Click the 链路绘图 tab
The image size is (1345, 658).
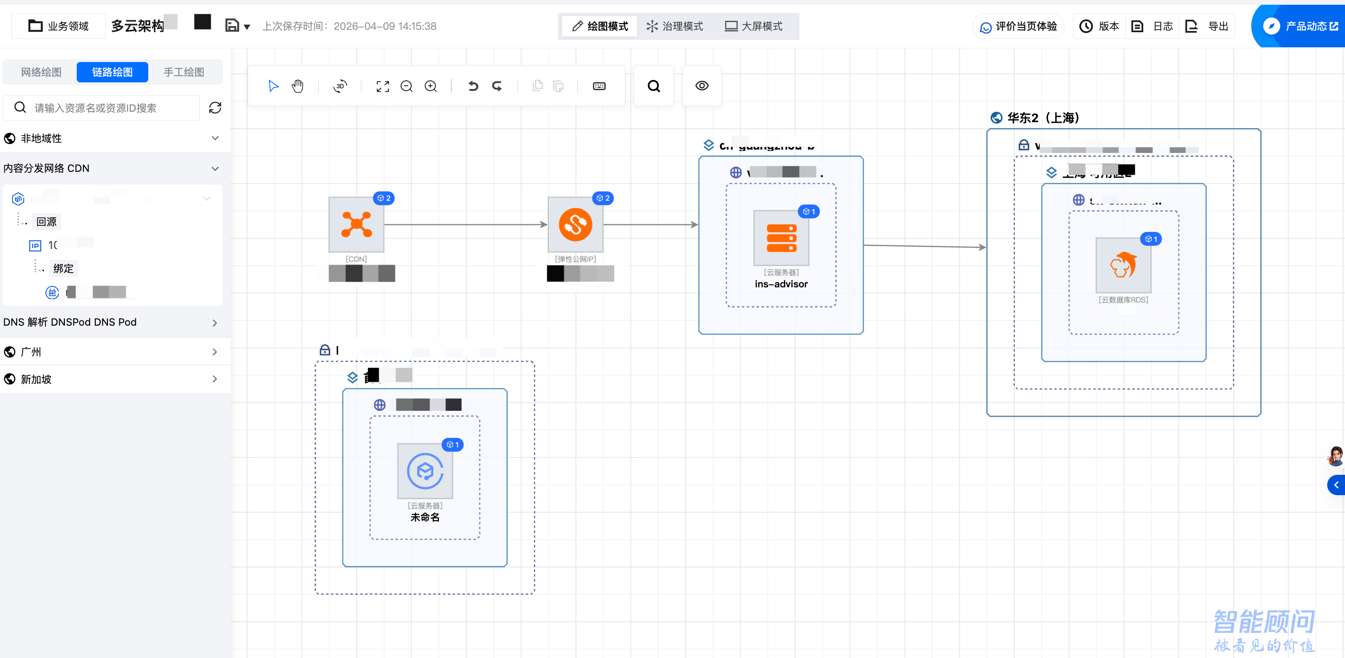tap(112, 72)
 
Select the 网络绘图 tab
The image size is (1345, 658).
tap(41, 72)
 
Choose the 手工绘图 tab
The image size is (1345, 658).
tap(184, 72)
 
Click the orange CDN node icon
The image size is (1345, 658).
tap(356, 225)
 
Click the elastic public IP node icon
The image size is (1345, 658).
tap(575, 225)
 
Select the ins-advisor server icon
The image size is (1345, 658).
tap(781, 239)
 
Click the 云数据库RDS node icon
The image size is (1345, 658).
tap(1123, 266)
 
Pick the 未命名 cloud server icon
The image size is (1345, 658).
tap(425, 471)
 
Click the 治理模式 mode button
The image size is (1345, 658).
tap(674, 26)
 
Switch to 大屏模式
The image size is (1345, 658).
tap(753, 26)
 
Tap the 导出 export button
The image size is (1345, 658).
tap(1207, 26)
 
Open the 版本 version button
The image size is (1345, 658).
tap(1099, 26)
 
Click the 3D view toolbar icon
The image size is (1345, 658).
tap(340, 86)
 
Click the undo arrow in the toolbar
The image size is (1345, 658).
tap(473, 86)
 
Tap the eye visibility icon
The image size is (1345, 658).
tap(702, 86)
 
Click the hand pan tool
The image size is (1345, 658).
tap(297, 86)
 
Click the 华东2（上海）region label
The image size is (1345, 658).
tap(1043, 118)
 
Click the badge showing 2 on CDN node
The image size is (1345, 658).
tap(384, 198)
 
